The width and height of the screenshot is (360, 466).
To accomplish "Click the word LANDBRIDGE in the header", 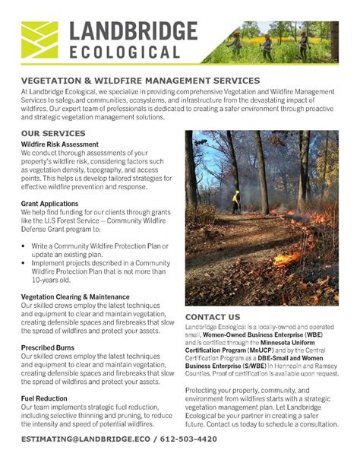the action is (x=133, y=31).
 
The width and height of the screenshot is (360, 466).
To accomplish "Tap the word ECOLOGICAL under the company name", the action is (x=125, y=52).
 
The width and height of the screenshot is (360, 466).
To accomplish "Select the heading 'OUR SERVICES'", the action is (x=53, y=133).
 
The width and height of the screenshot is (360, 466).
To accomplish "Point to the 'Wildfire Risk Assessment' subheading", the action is (x=60, y=144).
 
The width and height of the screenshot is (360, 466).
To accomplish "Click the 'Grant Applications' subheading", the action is (x=50, y=204).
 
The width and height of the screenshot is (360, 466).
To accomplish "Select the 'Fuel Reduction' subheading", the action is (x=45, y=398).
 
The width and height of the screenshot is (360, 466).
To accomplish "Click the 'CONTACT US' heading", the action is (x=213, y=316).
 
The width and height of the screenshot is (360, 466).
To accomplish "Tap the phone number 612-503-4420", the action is (x=199, y=440).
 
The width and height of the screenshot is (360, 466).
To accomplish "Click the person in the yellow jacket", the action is (x=236, y=198).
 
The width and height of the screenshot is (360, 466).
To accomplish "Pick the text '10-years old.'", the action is (x=57, y=281).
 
